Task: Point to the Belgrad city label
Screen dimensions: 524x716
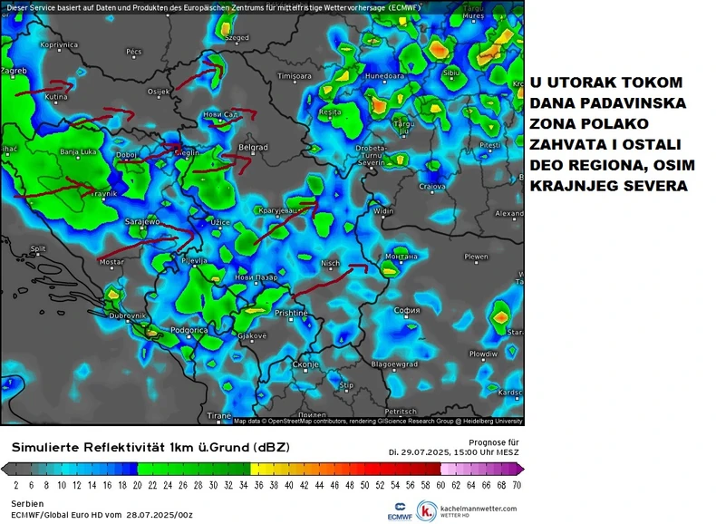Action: coord(252,148)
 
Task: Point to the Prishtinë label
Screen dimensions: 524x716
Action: coord(292,313)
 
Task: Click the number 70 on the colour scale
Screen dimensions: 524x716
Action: coord(517,485)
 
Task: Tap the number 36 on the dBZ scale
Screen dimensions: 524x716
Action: coord(257,485)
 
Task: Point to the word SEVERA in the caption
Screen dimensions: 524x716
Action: coord(656,187)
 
